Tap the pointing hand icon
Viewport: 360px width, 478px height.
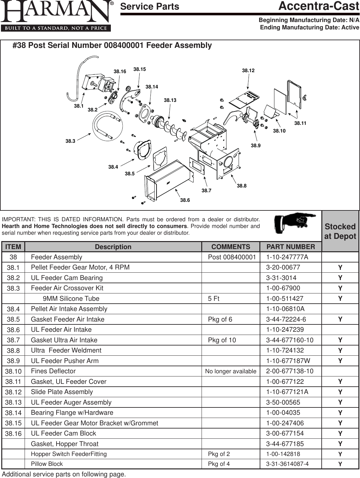point(295,223)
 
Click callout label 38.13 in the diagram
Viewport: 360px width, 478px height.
point(170,100)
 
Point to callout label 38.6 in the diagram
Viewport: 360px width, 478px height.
point(185,200)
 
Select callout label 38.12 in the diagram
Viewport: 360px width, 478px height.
point(248,71)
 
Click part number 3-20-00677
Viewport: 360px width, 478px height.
point(283,267)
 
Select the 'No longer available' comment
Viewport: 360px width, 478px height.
point(231,371)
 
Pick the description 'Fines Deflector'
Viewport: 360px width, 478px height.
point(53,371)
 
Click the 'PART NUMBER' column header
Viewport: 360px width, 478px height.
point(290,247)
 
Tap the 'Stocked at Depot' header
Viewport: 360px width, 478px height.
point(340,231)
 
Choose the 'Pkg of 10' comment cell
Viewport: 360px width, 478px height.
point(222,340)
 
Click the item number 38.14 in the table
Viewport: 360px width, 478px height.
point(13,413)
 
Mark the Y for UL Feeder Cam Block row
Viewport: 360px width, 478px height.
point(340,433)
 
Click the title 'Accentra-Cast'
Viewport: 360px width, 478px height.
point(318,6)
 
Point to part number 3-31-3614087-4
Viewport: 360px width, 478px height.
point(287,464)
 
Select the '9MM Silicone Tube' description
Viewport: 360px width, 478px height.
point(71,299)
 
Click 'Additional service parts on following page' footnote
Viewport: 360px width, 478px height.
point(64,474)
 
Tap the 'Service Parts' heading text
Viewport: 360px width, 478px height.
point(149,7)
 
